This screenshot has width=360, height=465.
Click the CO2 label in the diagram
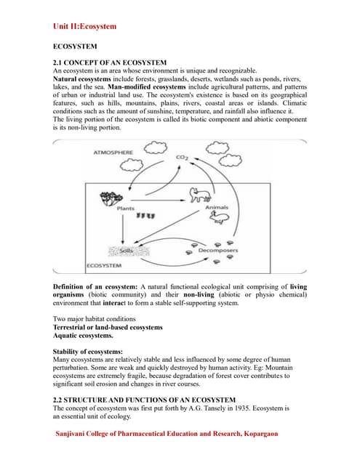(x=182, y=157)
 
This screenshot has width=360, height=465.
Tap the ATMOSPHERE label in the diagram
(x=113, y=153)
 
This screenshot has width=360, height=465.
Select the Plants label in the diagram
(x=125, y=209)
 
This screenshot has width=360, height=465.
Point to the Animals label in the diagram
(x=217, y=209)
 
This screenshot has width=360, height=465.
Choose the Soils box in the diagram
(x=125, y=251)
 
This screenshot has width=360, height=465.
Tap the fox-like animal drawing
(x=199, y=195)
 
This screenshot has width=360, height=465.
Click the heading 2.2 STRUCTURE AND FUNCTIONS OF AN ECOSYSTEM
(x=145, y=400)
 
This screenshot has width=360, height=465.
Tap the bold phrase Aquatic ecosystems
(x=83, y=336)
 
